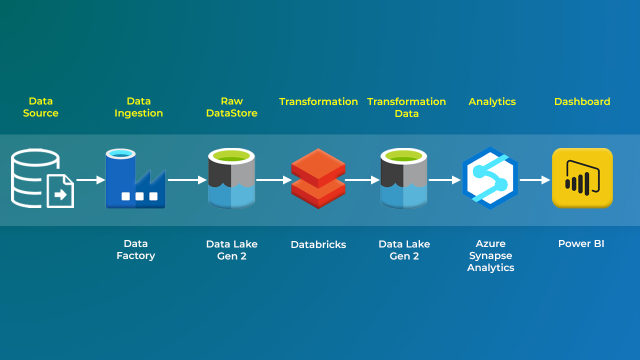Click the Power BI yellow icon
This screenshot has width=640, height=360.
[582, 178]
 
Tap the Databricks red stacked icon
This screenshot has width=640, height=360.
[318, 178]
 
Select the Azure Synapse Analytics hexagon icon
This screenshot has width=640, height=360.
[490, 178]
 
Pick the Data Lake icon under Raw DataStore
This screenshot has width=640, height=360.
[231, 178]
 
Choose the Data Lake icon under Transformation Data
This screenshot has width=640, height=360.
[404, 178]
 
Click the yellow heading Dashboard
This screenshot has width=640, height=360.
[582, 101]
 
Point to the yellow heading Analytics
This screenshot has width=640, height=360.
[492, 101]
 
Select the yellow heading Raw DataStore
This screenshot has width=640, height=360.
[231, 107]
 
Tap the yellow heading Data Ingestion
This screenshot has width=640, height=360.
[138, 107]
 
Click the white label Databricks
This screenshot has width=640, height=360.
[318, 244]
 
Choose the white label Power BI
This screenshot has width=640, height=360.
[581, 244]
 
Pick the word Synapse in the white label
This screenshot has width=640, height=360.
[490, 255]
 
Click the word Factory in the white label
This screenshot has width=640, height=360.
[136, 255]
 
